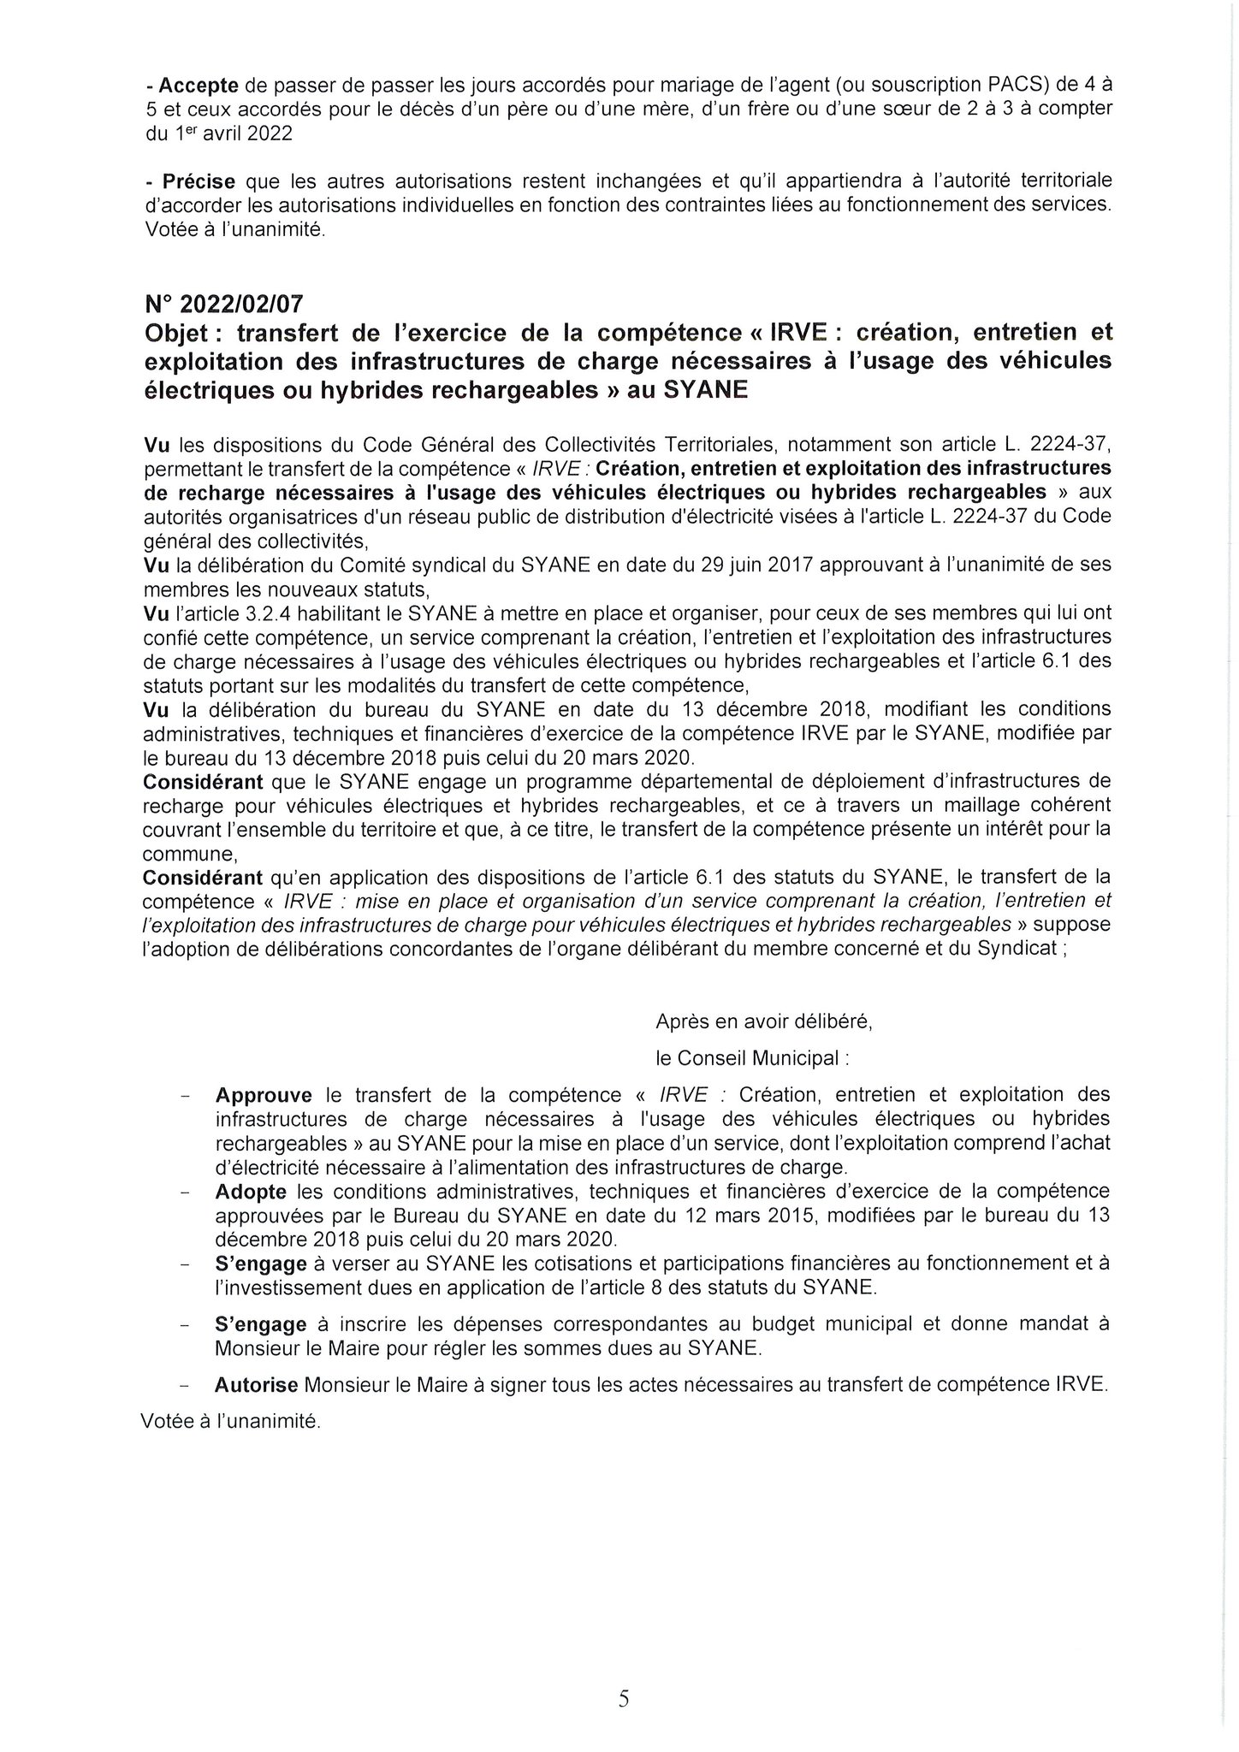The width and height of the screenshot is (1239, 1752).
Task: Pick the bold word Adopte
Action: point(250,1191)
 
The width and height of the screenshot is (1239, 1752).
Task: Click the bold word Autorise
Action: point(257,1385)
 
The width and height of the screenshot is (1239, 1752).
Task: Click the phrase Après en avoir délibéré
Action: point(763,1021)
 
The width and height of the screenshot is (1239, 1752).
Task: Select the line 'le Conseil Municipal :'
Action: point(752,1058)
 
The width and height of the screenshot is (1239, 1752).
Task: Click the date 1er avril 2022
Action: point(230,134)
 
